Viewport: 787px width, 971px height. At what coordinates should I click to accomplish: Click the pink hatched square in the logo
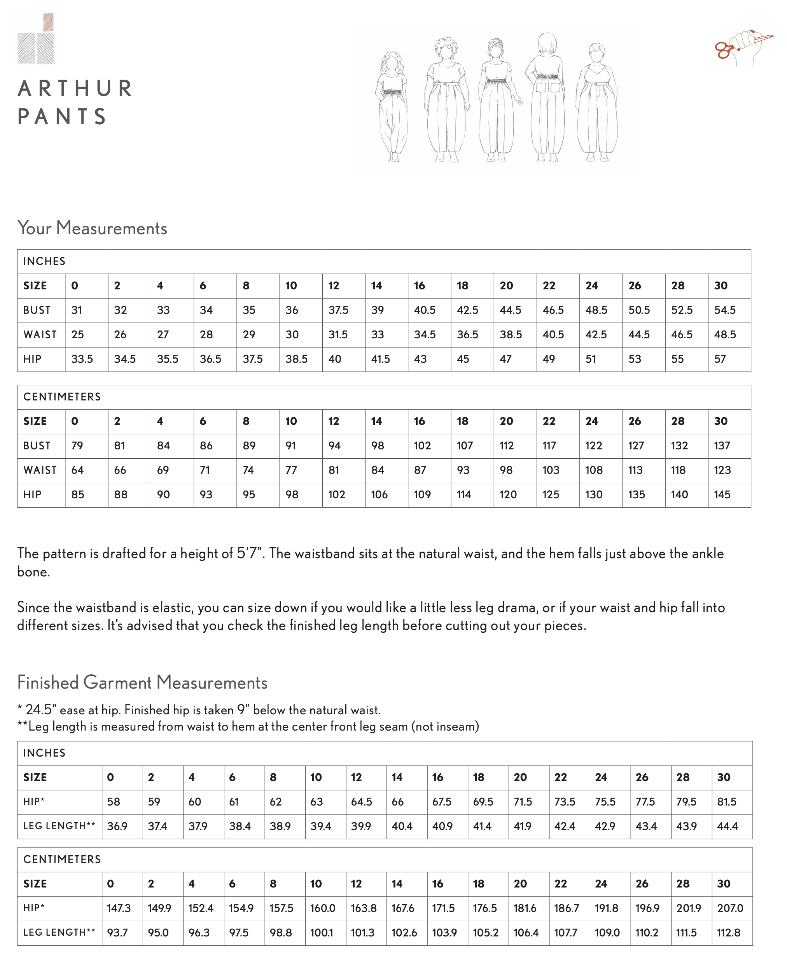[49, 22]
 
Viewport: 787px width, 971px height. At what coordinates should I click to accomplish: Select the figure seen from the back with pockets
[547, 97]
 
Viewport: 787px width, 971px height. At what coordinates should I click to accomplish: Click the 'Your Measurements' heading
[92, 228]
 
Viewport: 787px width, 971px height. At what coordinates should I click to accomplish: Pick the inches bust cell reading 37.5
[338, 310]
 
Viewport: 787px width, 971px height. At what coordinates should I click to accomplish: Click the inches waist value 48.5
[724, 335]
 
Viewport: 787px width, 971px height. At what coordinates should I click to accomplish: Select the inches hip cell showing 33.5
[82, 359]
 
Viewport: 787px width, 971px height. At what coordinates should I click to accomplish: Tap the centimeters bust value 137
[722, 445]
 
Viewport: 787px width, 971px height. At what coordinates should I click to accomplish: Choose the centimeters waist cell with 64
[77, 470]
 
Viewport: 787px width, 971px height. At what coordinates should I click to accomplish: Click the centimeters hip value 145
[722, 494]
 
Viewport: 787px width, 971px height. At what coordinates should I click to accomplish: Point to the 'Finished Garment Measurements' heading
[142, 682]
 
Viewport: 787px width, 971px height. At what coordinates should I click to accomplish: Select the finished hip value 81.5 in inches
[726, 802]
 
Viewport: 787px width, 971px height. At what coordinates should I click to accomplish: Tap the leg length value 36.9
[117, 826]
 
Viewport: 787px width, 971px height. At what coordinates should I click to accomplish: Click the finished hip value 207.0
[730, 908]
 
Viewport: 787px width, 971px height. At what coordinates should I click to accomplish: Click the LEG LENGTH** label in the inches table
[59, 826]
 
